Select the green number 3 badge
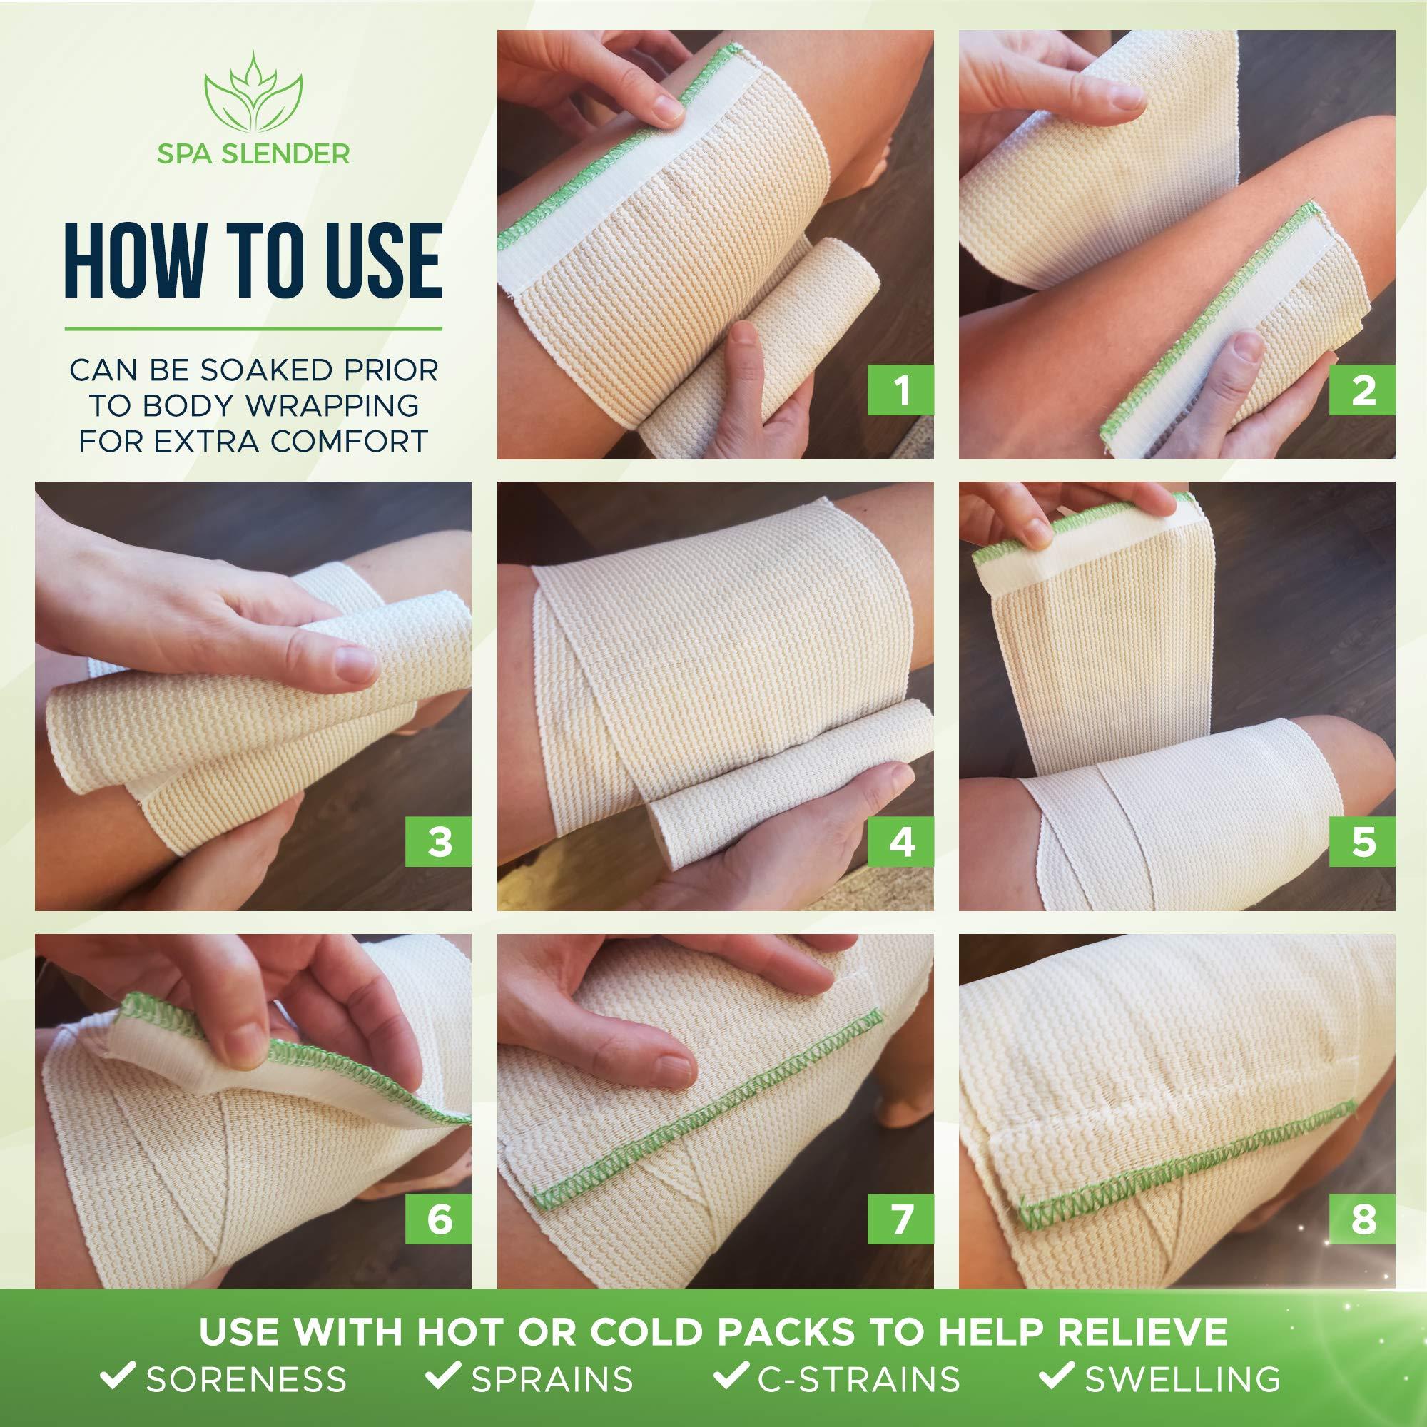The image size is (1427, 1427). pos(439,841)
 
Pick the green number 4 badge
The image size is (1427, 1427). pos(902,841)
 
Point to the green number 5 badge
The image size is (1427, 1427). pos(1363,841)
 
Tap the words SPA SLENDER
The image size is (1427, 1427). pos(253,153)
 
